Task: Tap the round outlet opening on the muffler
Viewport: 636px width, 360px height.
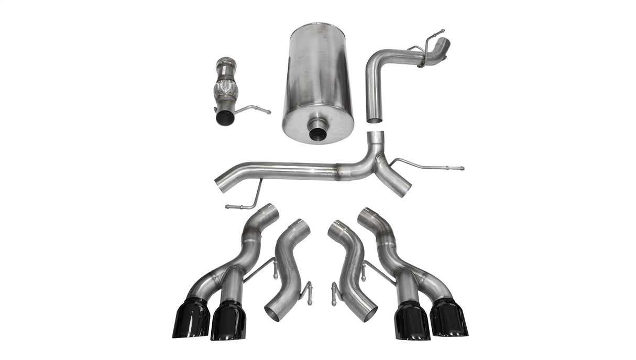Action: coord(318,132)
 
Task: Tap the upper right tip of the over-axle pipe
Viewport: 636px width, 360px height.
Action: coord(443,43)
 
